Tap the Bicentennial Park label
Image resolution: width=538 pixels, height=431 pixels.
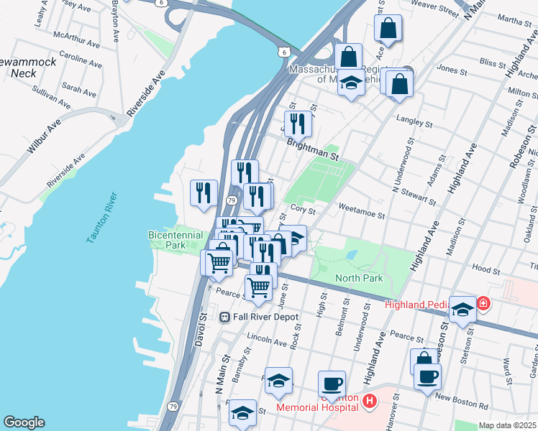[166, 240]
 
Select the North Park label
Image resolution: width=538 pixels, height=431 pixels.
[359, 278]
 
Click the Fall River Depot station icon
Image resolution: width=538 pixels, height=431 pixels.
[224, 316]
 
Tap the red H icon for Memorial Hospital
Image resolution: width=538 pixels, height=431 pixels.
[369, 401]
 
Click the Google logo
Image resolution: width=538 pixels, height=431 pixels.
[24, 422]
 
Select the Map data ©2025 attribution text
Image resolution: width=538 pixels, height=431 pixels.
[506, 425]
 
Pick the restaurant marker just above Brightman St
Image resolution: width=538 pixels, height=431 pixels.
[297, 124]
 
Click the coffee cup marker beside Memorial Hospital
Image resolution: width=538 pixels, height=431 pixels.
[332, 384]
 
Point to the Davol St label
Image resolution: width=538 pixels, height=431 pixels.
[201, 330]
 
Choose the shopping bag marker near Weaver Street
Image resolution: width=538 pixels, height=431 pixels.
[387, 29]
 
